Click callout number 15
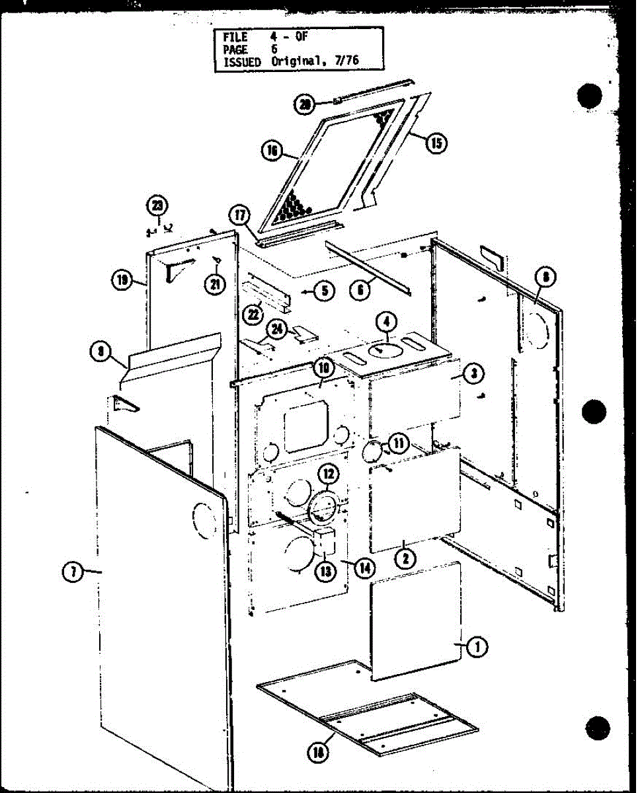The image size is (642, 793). click(x=436, y=142)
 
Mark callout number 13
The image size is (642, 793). click(x=325, y=572)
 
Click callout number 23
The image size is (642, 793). click(x=157, y=206)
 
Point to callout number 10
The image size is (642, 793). click(x=322, y=367)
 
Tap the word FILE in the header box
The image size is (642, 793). click(x=235, y=38)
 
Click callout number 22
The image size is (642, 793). click(x=253, y=315)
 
